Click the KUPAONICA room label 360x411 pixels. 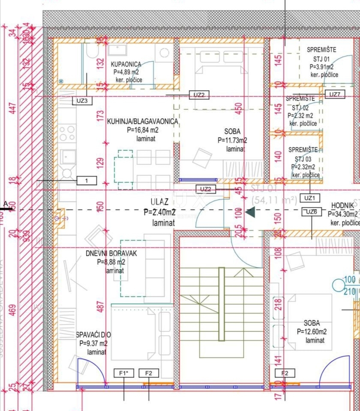tap(126, 64)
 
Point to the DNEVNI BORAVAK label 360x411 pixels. tap(111, 253)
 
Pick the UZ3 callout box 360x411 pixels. tap(82, 101)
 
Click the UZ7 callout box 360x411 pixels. tap(334, 94)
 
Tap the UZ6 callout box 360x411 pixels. tap(312, 211)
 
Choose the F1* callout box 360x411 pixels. tap(123, 373)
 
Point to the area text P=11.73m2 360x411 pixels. tap(232, 140)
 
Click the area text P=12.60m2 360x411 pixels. tap(312, 331)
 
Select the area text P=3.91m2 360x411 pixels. tap(321, 67)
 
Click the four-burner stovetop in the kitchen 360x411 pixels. tap(67, 133)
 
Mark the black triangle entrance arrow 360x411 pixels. tap(251, 211)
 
